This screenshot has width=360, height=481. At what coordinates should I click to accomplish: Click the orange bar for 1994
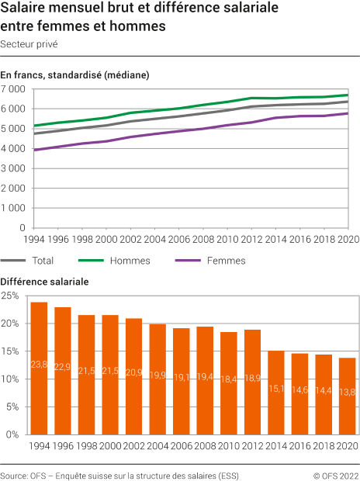(x=39, y=368)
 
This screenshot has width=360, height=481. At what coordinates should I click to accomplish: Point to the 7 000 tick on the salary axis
(x=14, y=89)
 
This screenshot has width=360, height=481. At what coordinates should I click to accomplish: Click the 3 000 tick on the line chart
(x=14, y=168)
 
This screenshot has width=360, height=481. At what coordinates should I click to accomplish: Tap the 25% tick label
(x=11, y=296)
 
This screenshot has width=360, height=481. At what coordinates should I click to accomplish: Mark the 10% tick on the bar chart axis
(x=11, y=379)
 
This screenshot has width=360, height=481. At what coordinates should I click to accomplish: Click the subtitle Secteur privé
(x=29, y=44)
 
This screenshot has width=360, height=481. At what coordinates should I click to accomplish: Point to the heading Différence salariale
(x=44, y=281)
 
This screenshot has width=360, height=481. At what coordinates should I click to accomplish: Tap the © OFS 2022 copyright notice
(x=335, y=473)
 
